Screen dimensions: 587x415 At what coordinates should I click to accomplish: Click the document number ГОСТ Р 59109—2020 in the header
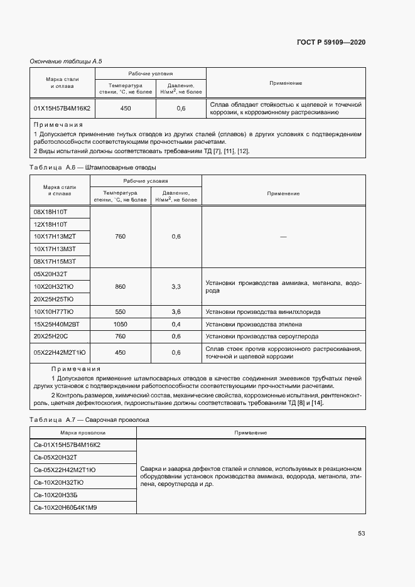[x=330, y=42]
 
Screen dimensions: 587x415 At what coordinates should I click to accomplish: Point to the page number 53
[x=361, y=533]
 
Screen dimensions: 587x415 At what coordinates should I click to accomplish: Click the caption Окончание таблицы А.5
[x=66, y=61]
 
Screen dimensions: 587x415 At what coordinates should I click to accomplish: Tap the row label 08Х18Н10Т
[x=50, y=212]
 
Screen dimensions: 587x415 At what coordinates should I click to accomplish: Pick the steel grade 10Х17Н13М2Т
[x=54, y=236]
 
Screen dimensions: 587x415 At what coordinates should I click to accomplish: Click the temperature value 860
[x=121, y=286]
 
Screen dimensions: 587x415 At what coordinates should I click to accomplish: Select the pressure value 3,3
[x=176, y=286]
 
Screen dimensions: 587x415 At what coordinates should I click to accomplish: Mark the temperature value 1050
[x=121, y=324]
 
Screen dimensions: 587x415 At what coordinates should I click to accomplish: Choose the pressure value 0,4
[x=176, y=324]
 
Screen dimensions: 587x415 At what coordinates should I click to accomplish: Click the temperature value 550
[x=121, y=311]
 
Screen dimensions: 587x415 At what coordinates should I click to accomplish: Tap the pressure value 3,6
[x=176, y=311]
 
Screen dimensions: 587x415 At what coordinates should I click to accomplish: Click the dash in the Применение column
[x=283, y=237]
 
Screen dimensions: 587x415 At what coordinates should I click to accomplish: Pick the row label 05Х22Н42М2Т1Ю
[x=60, y=352]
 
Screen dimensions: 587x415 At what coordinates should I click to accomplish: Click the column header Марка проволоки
[x=83, y=433]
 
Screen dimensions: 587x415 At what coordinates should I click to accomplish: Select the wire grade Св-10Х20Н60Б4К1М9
[x=65, y=507]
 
